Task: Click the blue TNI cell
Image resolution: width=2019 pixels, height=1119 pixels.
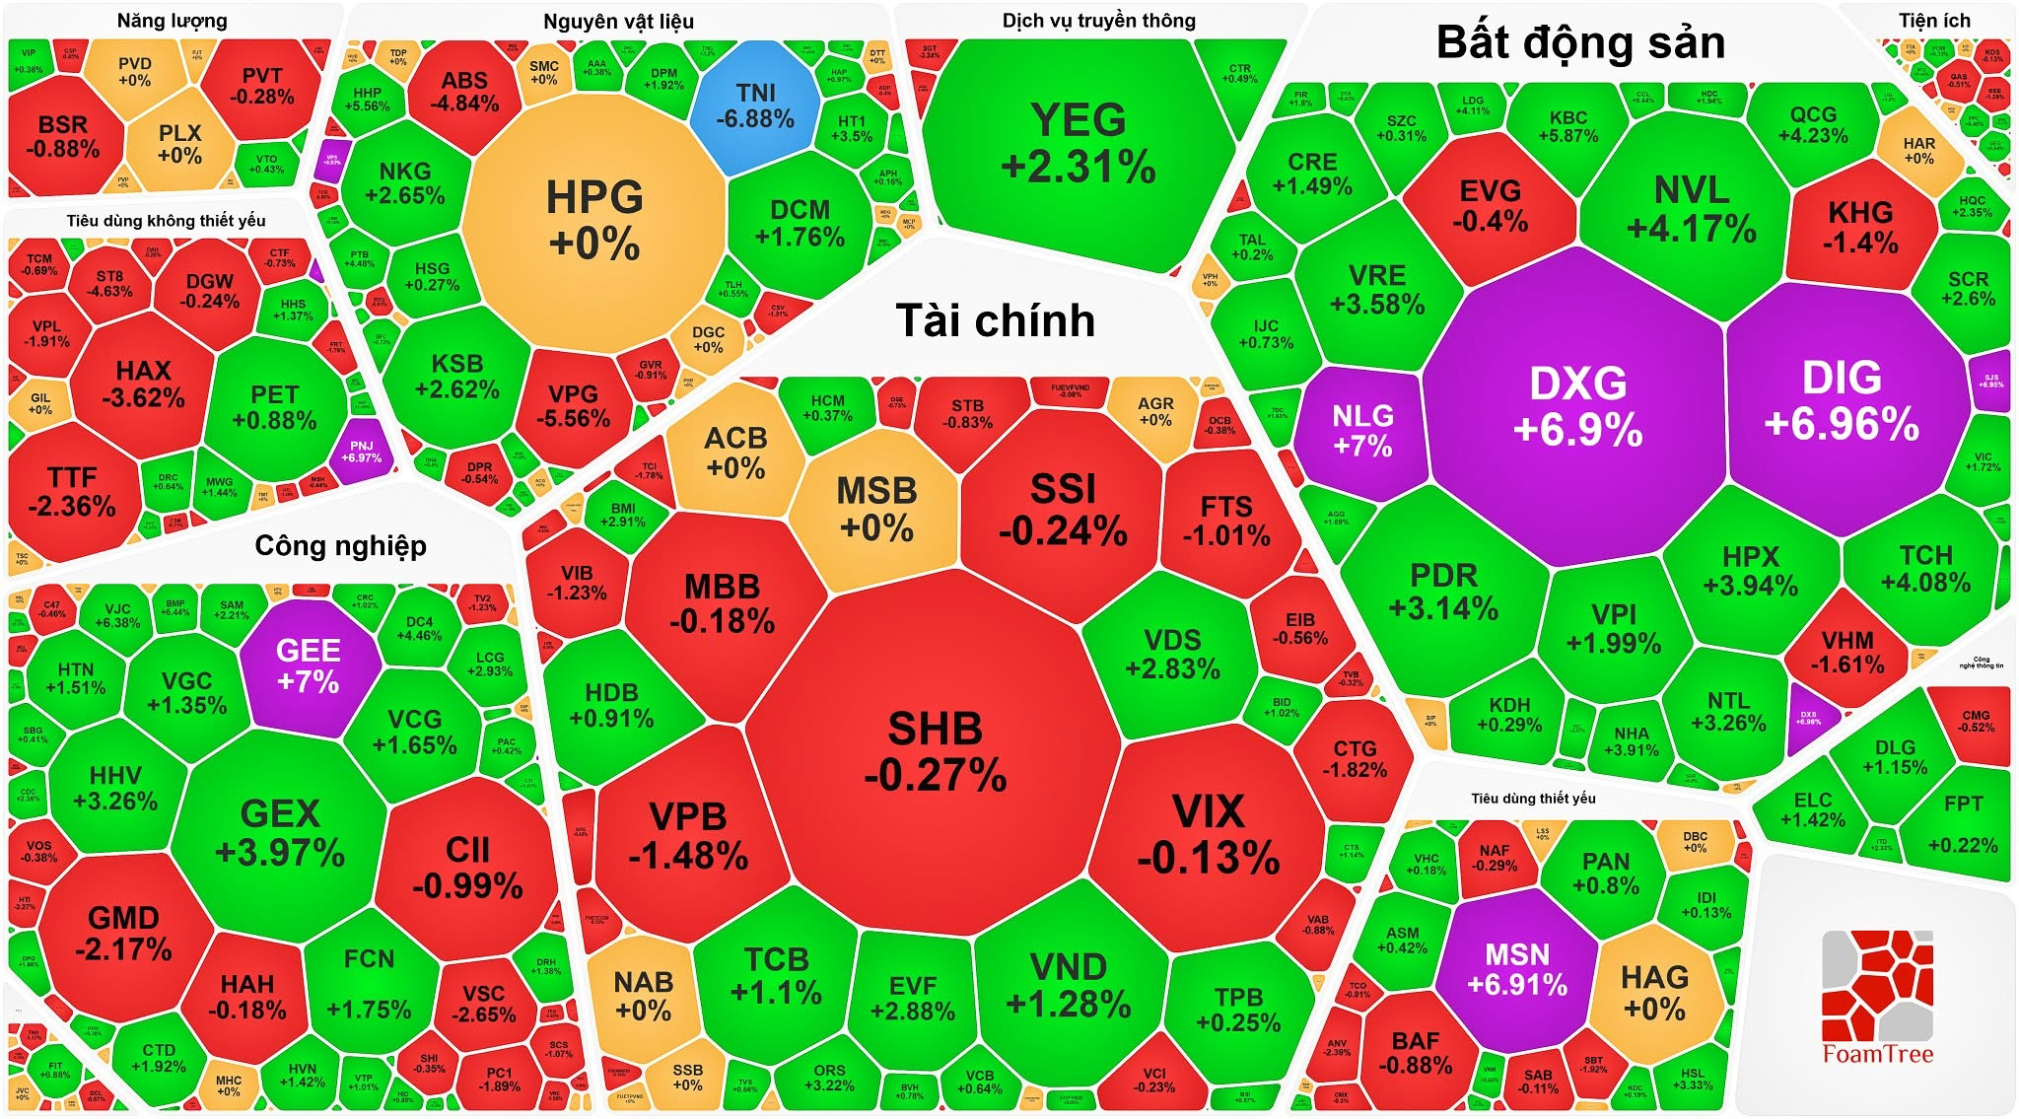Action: click(x=755, y=105)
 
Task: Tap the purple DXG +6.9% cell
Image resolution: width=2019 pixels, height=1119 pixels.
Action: click(x=1577, y=405)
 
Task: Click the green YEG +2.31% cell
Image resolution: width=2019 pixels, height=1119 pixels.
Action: click(x=1079, y=144)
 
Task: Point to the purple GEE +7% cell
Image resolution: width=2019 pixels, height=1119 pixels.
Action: click(x=309, y=665)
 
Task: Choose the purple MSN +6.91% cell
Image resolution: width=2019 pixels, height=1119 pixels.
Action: click(x=1516, y=968)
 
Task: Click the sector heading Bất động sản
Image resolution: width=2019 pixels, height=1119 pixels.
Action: click(x=1580, y=42)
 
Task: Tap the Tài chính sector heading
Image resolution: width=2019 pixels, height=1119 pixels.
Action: click(x=995, y=321)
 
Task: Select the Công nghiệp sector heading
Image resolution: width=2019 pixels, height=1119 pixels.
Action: click(x=340, y=545)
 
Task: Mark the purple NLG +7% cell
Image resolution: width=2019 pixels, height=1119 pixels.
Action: click(x=1362, y=430)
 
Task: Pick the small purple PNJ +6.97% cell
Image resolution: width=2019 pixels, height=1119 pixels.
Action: click(x=361, y=452)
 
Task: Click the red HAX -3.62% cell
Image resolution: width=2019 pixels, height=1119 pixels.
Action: click(x=143, y=384)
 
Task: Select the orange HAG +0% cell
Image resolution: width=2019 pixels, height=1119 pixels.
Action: click(x=1654, y=991)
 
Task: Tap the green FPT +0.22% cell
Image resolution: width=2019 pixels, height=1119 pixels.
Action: click(x=1962, y=823)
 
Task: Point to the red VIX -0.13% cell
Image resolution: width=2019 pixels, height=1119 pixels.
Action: click(x=1209, y=833)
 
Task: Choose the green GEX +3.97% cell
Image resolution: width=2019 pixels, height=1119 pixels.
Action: click(x=280, y=831)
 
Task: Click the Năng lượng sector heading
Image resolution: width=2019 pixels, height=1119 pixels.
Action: click(x=172, y=21)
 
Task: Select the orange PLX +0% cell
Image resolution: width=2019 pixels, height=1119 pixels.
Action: click(x=179, y=144)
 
